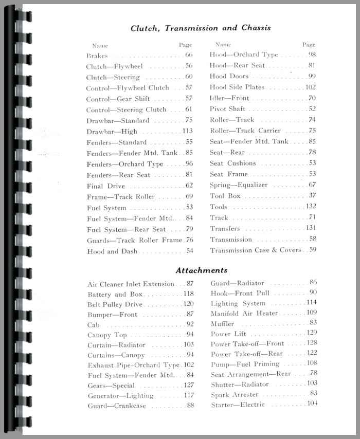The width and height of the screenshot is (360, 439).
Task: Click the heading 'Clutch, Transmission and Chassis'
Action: pyautogui.click(x=201, y=28)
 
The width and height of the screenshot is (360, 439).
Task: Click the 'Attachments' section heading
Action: pyautogui.click(x=202, y=270)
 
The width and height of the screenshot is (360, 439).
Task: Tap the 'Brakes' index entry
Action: pyautogui.click(x=97, y=56)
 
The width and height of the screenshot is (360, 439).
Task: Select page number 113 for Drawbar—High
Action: pyautogui.click(x=187, y=131)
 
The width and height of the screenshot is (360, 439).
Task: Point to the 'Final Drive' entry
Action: pyautogui.click(x=106, y=186)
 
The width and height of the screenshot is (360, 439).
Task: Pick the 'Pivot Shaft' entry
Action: pyautogui.click(x=227, y=109)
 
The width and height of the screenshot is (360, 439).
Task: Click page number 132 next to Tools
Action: pyautogui.click(x=310, y=207)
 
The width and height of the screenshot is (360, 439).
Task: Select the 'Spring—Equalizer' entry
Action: pyautogui.click(x=237, y=185)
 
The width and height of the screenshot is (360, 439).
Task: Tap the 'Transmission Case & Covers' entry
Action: pyautogui.click(x=256, y=250)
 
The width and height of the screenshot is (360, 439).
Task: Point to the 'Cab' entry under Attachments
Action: pyautogui.click(x=94, y=325)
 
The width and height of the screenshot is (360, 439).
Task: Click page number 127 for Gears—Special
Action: pyautogui.click(x=188, y=385)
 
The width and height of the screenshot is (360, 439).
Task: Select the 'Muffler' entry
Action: pyautogui.click(x=222, y=324)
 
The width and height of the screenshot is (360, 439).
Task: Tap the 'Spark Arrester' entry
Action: pyautogui.click(x=235, y=395)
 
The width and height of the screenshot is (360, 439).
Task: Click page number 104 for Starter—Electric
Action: pyautogui.click(x=311, y=404)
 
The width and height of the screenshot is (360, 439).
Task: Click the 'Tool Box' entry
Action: pyautogui.click(x=225, y=196)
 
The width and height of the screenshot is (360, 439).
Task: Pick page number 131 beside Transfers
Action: pyautogui.click(x=310, y=228)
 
